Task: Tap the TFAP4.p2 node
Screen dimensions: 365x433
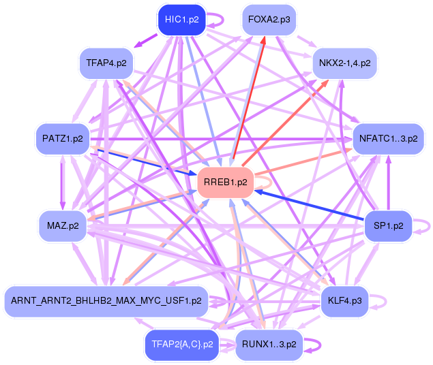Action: pos(106,63)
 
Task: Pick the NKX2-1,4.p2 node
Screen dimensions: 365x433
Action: pos(344,63)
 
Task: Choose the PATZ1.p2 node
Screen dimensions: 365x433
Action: pos(62,139)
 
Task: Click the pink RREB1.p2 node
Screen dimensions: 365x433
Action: pos(225,182)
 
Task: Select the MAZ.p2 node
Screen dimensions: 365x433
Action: pos(62,225)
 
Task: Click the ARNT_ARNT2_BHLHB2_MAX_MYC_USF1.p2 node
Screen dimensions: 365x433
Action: pos(106,300)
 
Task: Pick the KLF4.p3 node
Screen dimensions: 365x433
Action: pos(345,300)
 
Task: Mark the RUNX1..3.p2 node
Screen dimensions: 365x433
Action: pos(269,345)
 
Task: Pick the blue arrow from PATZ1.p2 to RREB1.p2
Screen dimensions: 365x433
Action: pos(143,161)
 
